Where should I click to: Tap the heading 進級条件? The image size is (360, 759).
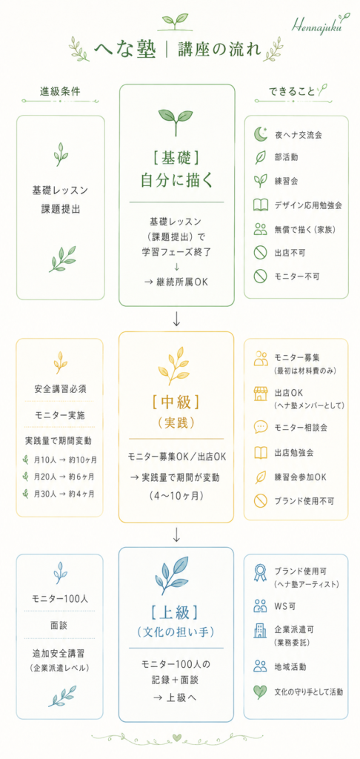(61, 91)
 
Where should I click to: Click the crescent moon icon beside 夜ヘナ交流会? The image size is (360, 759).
(260, 134)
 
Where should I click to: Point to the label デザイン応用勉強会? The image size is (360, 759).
(309, 205)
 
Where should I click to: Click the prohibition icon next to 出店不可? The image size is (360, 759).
(260, 253)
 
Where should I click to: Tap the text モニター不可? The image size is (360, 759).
(294, 276)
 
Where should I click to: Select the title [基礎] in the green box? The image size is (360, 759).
(176, 157)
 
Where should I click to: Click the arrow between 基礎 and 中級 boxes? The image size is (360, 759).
(176, 319)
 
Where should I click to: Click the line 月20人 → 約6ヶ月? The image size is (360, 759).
(64, 477)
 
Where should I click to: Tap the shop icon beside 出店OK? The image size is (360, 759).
(260, 394)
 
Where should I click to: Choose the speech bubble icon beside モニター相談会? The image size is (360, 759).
(260, 427)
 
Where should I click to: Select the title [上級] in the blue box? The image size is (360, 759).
(176, 612)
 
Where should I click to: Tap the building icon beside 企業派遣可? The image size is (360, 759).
(260, 631)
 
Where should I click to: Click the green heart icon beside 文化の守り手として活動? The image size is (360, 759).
(260, 692)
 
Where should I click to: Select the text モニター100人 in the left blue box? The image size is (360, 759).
(60, 599)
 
